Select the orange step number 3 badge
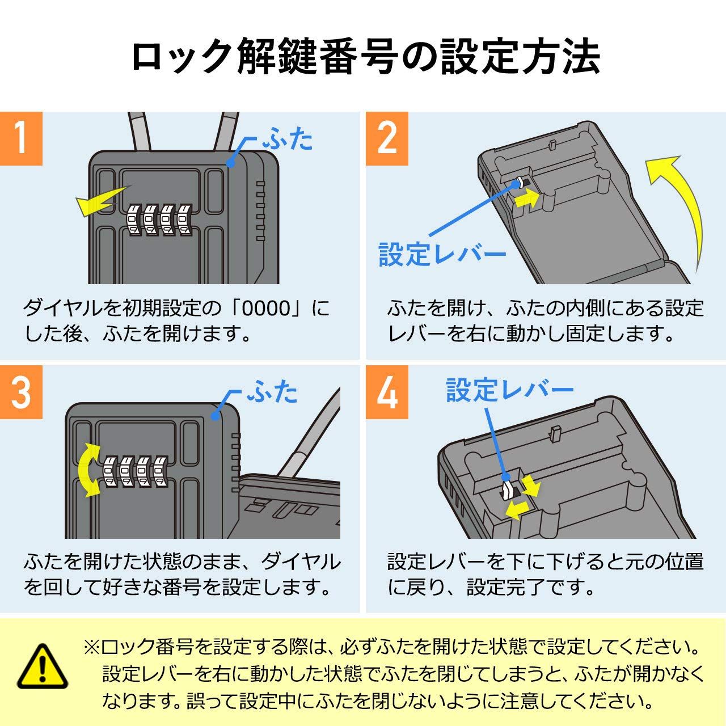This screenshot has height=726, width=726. point(21,392)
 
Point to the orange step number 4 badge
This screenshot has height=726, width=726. point(387,392)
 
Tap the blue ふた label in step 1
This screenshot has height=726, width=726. point(288,140)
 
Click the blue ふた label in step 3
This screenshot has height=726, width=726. point(272,392)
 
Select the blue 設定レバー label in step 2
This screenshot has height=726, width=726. point(442,255)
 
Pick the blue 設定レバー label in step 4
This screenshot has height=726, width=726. point(509,390)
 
